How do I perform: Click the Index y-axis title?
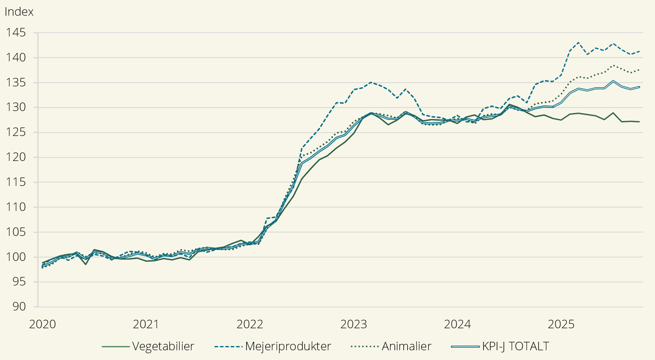[19, 12]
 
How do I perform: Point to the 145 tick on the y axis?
[16, 33]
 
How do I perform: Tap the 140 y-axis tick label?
[16, 58]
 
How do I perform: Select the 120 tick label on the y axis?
[16, 157]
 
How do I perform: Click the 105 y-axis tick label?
[16, 232]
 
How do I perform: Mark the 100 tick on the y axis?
[16, 257]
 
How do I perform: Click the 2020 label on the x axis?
[42, 324]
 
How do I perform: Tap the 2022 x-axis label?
[250, 324]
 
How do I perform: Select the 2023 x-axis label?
[354, 324]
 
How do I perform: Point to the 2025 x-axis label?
[561, 324]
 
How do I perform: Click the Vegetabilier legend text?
[163, 346]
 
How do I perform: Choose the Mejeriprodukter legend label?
[288, 346]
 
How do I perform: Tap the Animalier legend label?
[406, 346]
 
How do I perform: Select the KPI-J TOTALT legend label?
[515, 346]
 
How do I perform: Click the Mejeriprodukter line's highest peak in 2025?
[578, 42]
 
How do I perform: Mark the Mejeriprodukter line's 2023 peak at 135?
[371, 82]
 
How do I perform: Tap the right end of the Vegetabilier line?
[639, 122]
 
